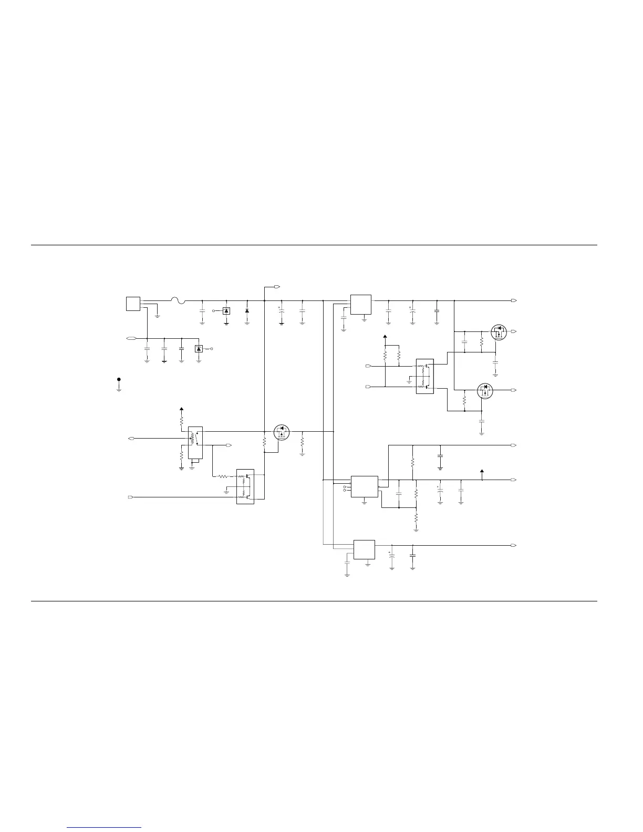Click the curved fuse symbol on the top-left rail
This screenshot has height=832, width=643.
(179, 300)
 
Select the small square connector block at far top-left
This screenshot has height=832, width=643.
(133, 304)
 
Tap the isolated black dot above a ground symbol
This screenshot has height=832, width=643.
(119, 379)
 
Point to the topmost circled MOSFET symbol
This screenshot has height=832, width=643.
(499, 332)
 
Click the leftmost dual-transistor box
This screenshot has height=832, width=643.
(245, 486)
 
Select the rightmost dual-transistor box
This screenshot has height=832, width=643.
(424, 376)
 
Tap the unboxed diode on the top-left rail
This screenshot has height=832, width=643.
(247, 310)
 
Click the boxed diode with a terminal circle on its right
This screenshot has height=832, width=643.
(199, 349)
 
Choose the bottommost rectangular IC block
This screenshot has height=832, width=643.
(364, 549)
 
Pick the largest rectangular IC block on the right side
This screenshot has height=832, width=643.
(364, 487)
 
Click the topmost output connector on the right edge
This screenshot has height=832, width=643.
(513, 300)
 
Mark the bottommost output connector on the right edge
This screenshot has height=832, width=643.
(513, 546)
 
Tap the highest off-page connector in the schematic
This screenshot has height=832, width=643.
(277, 287)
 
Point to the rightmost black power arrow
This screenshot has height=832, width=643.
(482, 471)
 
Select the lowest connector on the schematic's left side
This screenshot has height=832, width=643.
(131, 496)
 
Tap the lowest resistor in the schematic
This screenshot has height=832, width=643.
(416, 517)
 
